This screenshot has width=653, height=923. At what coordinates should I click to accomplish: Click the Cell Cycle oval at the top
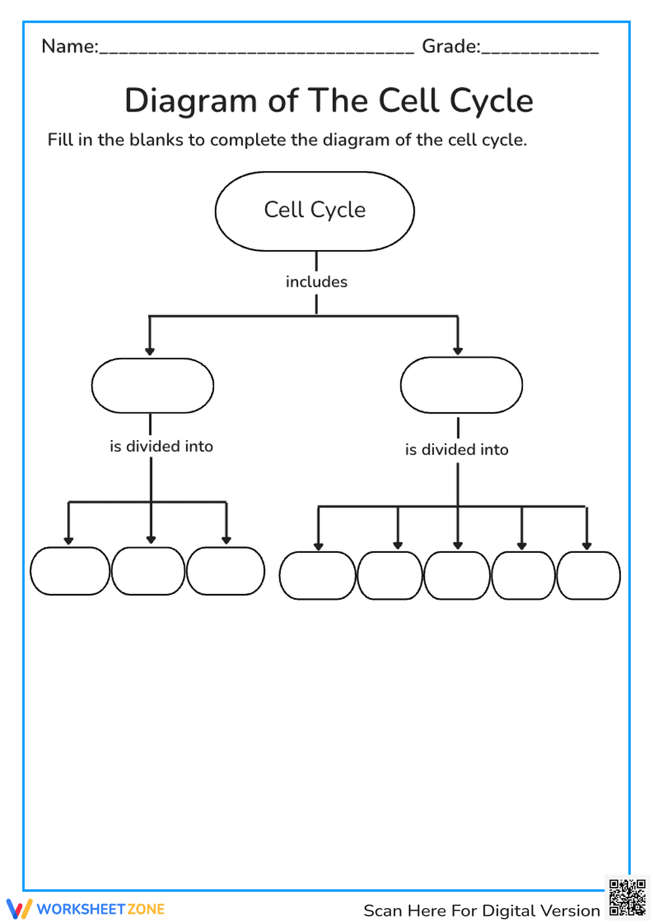(x=315, y=211)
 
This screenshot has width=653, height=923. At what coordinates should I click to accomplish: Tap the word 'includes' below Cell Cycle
(x=316, y=282)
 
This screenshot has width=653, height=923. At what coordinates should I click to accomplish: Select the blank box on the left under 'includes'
(x=153, y=386)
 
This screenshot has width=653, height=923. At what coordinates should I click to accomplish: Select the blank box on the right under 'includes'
(x=461, y=385)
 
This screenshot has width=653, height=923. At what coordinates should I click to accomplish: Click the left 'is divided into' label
(x=161, y=446)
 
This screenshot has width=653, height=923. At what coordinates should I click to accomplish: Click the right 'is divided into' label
(x=456, y=450)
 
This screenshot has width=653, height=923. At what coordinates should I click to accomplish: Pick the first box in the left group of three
(x=70, y=571)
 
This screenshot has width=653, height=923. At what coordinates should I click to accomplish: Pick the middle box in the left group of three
(x=148, y=571)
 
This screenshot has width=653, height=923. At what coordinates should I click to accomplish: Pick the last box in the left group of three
(x=225, y=571)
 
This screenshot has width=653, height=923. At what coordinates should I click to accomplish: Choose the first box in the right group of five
(x=317, y=576)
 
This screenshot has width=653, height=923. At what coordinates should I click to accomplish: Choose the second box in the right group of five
(x=390, y=576)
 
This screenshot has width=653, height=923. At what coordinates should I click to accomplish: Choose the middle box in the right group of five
(x=457, y=576)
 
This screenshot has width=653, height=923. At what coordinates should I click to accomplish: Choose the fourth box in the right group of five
(x=523, y=576)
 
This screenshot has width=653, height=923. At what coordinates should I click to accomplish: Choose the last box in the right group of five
(x=588, y=576)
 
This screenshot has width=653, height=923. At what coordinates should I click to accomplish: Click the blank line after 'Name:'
(x=256, y=50)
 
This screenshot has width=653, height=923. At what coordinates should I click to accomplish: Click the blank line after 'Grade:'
(x=539, y=50)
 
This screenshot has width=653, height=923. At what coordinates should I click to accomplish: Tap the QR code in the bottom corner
(x=627, y=898)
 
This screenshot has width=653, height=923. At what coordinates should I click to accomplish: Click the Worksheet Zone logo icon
(x=19, y=909)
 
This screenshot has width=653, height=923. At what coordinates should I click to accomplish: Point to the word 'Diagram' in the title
(x=191, y=101)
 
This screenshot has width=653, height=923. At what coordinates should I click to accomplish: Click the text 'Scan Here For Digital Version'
(x=481, y=911)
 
